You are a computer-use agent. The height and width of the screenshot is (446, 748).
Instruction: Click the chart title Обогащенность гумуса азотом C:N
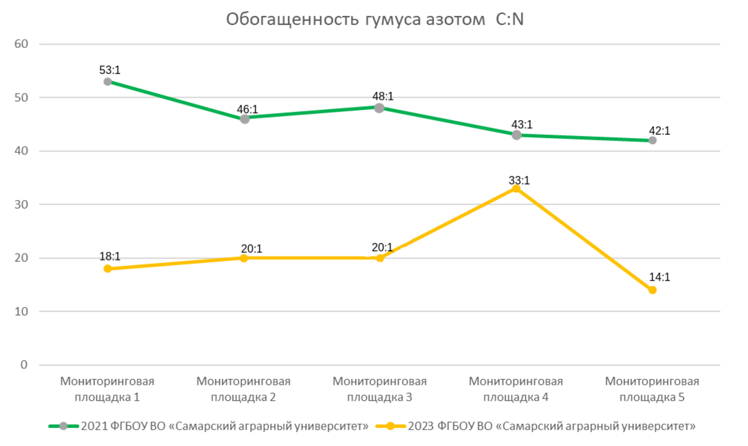(x=375, y=19)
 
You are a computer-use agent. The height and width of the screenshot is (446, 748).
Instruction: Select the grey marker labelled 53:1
(x=108, y=82)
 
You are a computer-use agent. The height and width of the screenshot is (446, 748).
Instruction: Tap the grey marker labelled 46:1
(x=244, y=119)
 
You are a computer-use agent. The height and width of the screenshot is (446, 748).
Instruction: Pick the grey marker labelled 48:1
(x=379, y=108)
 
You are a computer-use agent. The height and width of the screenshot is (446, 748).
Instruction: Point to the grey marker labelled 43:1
(x=516, y=135)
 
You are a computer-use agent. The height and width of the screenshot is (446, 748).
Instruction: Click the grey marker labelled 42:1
(x=653, y=140)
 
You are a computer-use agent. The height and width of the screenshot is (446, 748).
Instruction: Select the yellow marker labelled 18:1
(x=108, y=269)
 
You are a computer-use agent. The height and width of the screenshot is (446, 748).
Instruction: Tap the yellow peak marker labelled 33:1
(x=516, y=189)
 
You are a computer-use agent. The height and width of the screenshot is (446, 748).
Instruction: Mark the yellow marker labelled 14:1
(x=653, y=290)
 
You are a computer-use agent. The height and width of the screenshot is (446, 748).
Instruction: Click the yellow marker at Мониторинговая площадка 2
(x=244, y=258)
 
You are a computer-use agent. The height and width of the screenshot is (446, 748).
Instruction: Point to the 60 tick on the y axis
(x=21, y=44)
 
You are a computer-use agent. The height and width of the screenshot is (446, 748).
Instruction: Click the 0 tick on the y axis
(x=24, y=365)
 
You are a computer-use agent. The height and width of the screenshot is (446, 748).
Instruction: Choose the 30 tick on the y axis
(x=21, y=204)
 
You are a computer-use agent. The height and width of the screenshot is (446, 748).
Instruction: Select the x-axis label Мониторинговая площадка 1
(x=107, y=389)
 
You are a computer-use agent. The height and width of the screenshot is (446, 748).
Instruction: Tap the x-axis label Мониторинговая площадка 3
(x=380, y=389)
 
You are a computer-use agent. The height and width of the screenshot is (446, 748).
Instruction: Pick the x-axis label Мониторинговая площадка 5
(x=652, y=389)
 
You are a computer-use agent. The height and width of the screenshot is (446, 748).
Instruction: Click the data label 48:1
(x=383, y=96)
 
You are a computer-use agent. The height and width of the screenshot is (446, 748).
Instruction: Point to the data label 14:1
(x=659, y=277)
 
